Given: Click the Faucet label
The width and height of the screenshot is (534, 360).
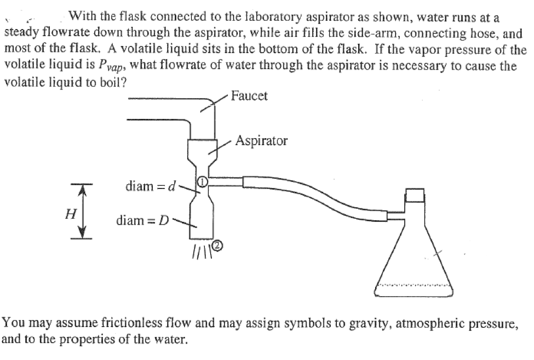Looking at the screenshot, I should point(249,96).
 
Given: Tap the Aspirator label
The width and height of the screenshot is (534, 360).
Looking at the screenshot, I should point(261,141).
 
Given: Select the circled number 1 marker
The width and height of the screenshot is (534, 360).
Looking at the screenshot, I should point(202,181).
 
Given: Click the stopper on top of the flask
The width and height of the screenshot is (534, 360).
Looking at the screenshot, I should point(416,196).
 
